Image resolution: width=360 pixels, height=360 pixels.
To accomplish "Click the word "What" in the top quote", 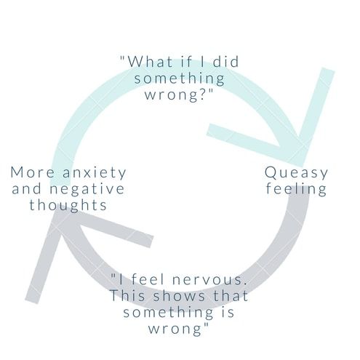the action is point(151,62).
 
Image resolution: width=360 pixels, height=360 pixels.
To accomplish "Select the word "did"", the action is point(226,62).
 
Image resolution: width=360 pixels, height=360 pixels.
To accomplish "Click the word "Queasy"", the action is point(296,173).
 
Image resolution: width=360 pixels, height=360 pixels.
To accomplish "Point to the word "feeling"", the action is point(296,188).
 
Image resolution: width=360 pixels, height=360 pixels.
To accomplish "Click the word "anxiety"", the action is point(95,173).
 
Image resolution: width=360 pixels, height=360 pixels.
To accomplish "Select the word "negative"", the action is point(87,189).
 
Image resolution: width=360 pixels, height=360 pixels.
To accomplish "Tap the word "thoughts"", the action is point(68,205).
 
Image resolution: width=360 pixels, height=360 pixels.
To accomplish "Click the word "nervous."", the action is point(209,280).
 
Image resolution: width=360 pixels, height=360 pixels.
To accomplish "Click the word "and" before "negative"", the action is point(27,189).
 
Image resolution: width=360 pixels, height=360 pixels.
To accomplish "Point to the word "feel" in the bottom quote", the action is point(148,279).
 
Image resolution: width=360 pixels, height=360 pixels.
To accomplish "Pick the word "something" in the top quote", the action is point(180,79).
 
